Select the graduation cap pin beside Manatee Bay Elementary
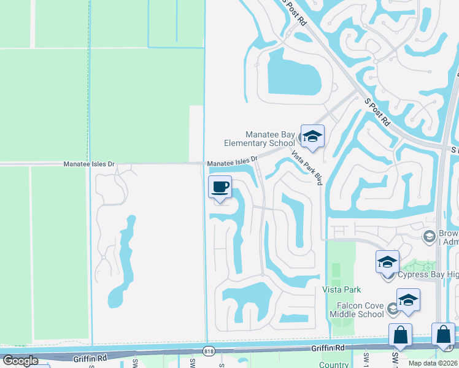click(x=312, y=137)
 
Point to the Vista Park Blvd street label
click(x=307, y=167)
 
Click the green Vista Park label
click(x=342, y=289)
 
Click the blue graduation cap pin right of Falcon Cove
click(x=408, y=300)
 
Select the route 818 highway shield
click(x=210, y=350)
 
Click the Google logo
click(x=20, y=361)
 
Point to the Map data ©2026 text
click(x=433, y=363)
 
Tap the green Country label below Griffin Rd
click(x=334, y=364)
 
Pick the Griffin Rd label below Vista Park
click(x=326, y=348)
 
